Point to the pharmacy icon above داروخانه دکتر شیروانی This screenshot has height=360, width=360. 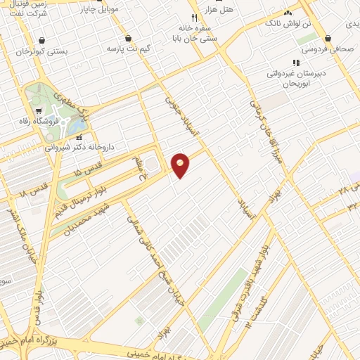pos(79,137)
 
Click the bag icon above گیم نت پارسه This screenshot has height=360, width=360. pos(128,39)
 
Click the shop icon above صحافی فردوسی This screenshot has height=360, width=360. pos(328,39)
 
